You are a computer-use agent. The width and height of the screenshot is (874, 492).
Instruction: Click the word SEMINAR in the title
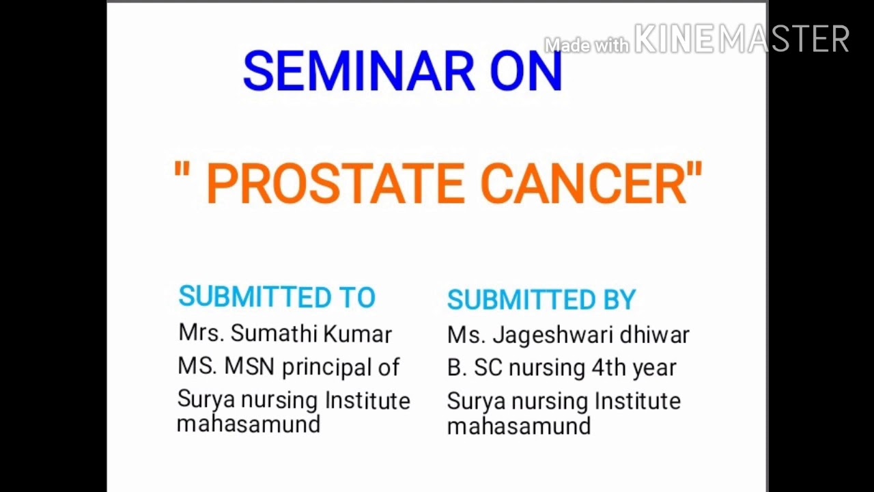359,71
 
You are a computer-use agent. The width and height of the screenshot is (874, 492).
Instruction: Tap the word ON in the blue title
526,71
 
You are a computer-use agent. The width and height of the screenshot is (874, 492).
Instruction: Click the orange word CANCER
584,183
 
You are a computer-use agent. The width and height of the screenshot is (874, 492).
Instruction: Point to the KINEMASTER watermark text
742,38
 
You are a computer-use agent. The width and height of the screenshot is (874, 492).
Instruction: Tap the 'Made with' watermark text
587,45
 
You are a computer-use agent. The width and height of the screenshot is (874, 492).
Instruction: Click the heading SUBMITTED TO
277,297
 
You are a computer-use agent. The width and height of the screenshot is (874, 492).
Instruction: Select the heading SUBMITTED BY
541,299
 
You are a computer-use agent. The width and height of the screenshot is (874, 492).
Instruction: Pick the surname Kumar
357,334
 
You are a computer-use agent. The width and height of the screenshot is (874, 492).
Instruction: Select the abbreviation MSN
249,366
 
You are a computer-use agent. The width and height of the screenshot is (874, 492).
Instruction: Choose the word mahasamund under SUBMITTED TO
249,424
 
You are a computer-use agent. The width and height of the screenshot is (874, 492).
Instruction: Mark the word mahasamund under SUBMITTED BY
519,426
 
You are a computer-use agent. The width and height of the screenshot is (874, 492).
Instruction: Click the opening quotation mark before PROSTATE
182,169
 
